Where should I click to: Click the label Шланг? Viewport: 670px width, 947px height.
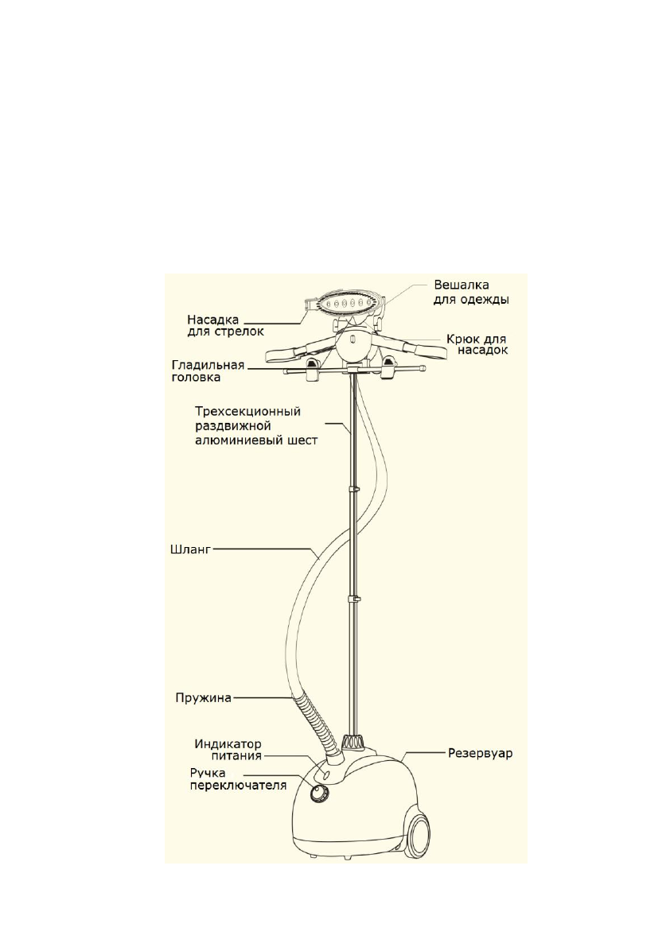coord(189,548)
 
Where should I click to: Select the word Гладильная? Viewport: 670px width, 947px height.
coord(207,364)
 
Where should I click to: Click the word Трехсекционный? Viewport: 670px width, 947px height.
coord(247,413)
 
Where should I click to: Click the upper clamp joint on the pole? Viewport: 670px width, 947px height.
coord(356,489)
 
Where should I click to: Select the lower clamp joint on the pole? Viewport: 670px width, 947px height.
coord(356,597)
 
